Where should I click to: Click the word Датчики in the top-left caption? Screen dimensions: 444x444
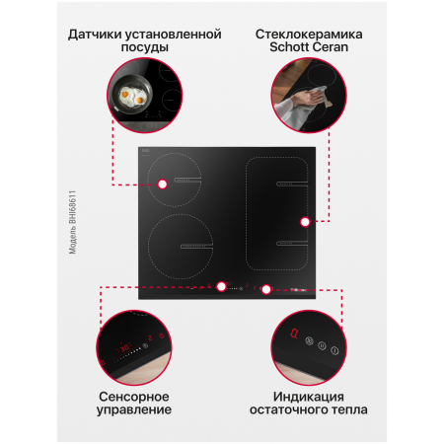(97, 34)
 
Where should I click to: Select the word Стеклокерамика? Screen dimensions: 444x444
(308, 34)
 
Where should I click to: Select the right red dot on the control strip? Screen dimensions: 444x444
(265, 289)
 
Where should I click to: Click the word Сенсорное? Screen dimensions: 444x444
(136, 394)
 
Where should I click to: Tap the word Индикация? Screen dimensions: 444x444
(308, 394)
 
